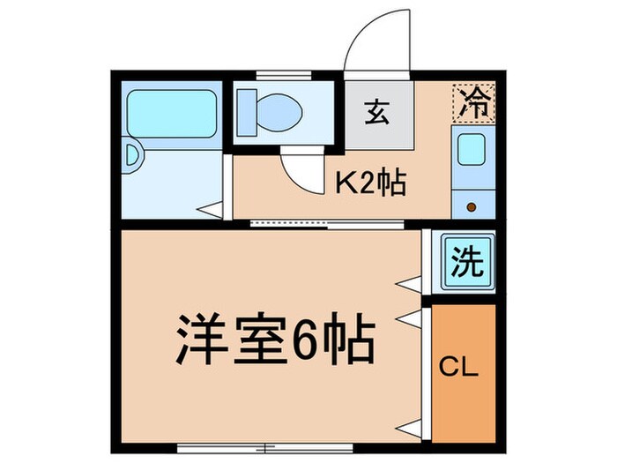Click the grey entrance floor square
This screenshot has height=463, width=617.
pos(379,119)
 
